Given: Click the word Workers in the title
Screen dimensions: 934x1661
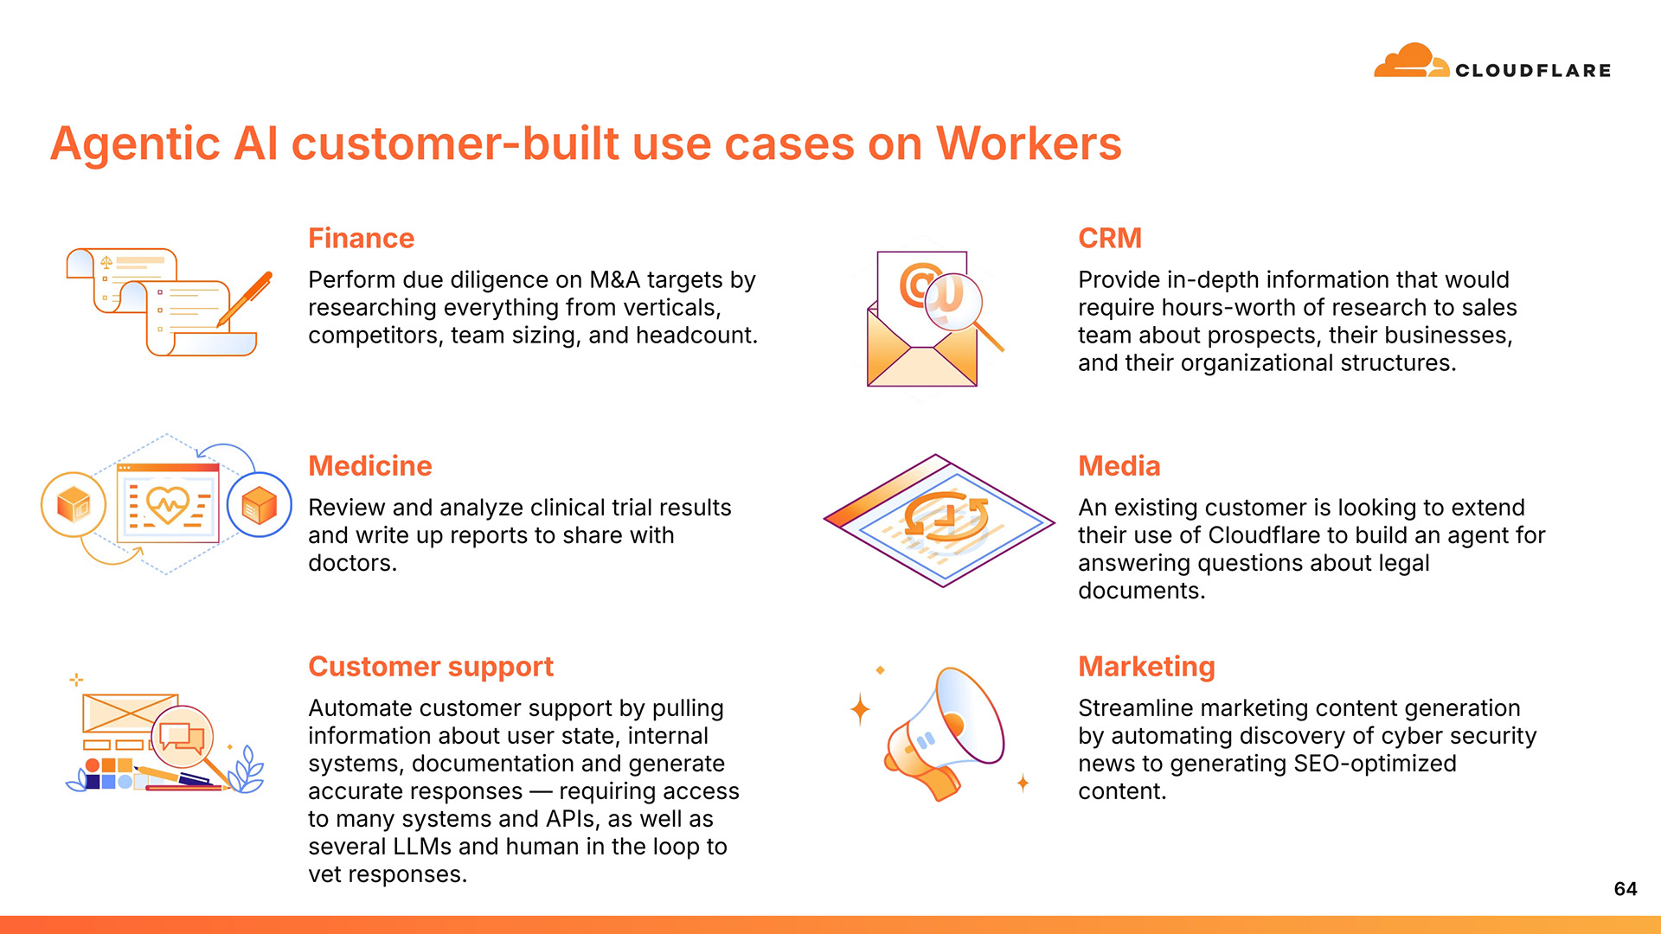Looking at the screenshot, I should coord(1029,144).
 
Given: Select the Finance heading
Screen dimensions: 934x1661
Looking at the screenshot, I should coord(361,238).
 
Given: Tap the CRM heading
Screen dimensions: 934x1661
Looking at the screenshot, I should coord(1109,238).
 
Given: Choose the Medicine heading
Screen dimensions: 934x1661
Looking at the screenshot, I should coord(369,465).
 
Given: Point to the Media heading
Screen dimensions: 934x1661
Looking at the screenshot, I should coord(1119,465).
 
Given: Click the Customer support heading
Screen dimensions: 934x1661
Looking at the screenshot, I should coord(430,666).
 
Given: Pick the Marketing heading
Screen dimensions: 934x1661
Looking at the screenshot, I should coord(1146,666).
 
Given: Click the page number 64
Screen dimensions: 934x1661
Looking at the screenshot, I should coord(1625,889).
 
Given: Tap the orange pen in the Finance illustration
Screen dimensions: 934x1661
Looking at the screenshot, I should coord(246,298).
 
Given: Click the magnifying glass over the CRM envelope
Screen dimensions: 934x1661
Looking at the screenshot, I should coord(956,303).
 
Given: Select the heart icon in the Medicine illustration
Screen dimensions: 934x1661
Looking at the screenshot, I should coord(168,503).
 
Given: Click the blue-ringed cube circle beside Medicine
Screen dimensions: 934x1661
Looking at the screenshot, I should coord(259,505).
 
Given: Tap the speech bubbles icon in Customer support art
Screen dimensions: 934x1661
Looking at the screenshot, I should coord(182,737).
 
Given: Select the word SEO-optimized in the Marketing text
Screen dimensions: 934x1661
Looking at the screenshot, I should coord(1375,764).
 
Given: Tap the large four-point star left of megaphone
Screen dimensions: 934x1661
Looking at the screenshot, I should coord(860,709).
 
